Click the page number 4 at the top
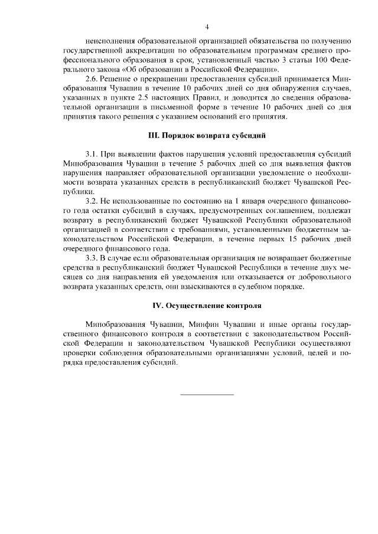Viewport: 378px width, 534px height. [x=207, y=27]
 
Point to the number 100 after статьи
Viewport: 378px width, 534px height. [x=316, y=60]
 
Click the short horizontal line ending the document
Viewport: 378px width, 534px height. [x=207, y=394]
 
